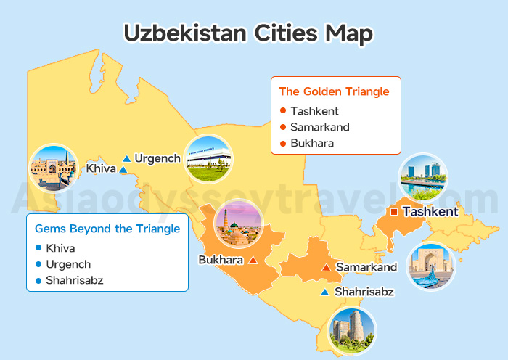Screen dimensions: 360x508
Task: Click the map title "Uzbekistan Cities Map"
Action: tap(248, 33)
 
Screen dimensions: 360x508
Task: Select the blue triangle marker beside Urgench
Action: tap(127, 158)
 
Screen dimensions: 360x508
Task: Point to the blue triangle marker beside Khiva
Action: tap(123, 170)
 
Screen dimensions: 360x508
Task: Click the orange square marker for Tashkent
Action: tap(394, 212)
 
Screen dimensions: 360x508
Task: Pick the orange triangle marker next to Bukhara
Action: tap(253, 260)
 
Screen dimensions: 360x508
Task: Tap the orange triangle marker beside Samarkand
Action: tap(326, 268)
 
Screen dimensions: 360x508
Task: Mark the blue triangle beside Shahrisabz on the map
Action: tap(325, 292)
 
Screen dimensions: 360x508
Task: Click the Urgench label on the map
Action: tap(157, 158)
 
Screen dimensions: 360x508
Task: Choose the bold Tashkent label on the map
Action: tap(430, 212)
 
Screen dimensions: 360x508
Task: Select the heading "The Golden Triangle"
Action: tap(335, 91)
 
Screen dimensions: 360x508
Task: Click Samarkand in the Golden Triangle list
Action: tap(320, 127)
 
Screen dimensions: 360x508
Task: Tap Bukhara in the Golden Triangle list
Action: tap(312, 143)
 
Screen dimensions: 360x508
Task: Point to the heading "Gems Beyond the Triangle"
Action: tap(107, 229)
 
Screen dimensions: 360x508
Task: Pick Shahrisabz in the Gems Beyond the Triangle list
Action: tap(75, 280)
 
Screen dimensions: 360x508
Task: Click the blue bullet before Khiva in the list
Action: tap(38, 248)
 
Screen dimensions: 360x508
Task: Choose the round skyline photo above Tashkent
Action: tap(424, 178)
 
